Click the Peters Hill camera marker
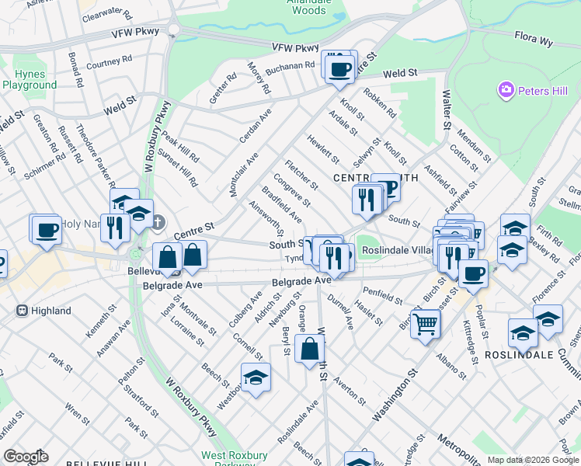click(506, 91)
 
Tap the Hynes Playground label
click(24, 79)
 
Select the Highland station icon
click(22, 311)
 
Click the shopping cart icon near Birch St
click(425, 323)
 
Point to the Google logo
click(25, 457)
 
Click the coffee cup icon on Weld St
click(339, 70)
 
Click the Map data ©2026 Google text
click(532, 460)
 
